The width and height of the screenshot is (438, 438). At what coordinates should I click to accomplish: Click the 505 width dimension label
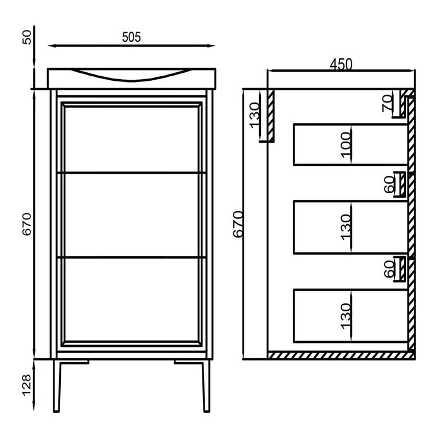click(131, 37)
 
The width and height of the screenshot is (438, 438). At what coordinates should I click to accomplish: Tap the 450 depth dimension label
click(341, 64)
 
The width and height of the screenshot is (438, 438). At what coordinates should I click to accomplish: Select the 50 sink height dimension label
click(27, 37)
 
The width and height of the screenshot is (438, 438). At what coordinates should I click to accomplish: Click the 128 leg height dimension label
click(27, 385)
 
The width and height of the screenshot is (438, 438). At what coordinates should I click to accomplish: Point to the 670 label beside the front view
click(27, 224)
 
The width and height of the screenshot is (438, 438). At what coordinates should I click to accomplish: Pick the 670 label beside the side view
click(238, 224)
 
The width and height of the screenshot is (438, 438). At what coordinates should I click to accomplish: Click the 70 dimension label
click(388, 103)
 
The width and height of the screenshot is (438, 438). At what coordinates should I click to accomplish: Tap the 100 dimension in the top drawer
click(346, 144)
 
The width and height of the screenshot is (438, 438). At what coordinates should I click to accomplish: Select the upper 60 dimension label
click(389, 185)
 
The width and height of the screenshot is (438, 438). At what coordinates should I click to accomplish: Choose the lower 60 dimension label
click(389, 269)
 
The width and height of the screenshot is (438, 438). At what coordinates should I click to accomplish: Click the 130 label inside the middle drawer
click(346, 227)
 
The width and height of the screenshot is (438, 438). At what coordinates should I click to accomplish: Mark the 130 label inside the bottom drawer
click(346, 316)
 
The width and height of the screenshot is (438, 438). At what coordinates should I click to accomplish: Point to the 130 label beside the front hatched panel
click(255, 115)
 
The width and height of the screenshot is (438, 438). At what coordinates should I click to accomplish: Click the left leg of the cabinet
click(56, 386)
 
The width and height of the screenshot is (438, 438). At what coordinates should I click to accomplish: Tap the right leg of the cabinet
click(206, 386)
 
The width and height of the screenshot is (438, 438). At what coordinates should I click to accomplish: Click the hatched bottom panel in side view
click(341, 355)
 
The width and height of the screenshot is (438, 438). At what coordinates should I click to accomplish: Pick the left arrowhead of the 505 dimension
click(51, 45)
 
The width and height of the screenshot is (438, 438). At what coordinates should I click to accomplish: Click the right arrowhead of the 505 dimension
click(212, 45)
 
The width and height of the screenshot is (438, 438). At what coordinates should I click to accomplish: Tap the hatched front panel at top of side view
click(271, 115)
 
